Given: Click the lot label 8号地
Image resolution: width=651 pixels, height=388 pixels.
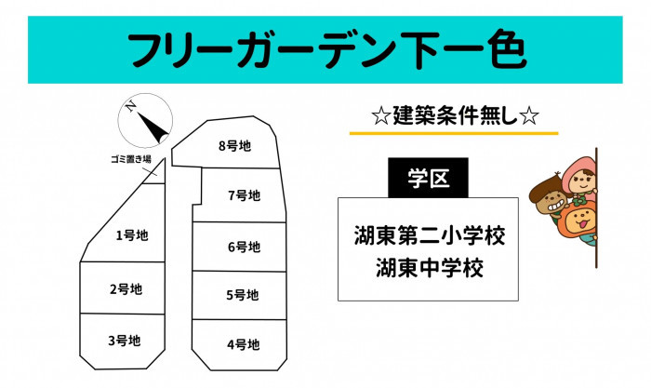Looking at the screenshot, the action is (235, 146).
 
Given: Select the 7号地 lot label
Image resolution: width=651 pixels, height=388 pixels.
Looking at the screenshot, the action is (244, 195).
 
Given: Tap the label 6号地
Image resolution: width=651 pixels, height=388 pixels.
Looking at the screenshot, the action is (244, 247).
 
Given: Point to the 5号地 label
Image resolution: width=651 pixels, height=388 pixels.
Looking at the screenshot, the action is (243, 295).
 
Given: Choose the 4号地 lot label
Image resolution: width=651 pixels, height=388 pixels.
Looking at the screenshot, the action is (244, 344).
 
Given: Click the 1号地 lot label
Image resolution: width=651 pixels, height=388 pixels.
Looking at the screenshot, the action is (132, 235).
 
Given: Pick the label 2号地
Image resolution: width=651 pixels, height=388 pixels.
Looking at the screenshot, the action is (126, 289).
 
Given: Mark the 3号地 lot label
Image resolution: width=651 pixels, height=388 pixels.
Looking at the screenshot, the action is (125, 341).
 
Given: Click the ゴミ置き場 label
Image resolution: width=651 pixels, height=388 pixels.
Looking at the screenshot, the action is (131, 159).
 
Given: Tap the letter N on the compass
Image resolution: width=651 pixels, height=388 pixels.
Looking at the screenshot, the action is (131, 107).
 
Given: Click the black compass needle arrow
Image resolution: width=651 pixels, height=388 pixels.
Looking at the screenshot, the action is (153, 127).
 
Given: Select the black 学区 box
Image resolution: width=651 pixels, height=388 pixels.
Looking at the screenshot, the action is (428, 178).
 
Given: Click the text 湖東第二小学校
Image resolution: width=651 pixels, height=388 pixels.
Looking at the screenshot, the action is (430, 236).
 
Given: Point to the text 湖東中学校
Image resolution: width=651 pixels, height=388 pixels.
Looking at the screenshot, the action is (430, 268).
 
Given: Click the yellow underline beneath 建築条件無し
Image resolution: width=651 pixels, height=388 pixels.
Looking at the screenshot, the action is (454, 133).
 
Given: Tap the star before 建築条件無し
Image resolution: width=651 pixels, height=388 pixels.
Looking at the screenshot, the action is (381, 116).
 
